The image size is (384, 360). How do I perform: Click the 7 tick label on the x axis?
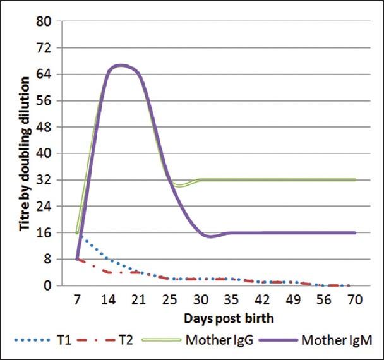point(77,297)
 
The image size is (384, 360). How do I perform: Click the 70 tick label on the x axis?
point(356,297)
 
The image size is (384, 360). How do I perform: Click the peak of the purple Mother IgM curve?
point(120,65)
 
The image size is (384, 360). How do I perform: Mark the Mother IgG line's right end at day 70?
point(356,180)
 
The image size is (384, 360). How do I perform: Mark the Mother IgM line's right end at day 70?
point(356,232)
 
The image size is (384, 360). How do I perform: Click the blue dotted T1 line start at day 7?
point(77,232)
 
